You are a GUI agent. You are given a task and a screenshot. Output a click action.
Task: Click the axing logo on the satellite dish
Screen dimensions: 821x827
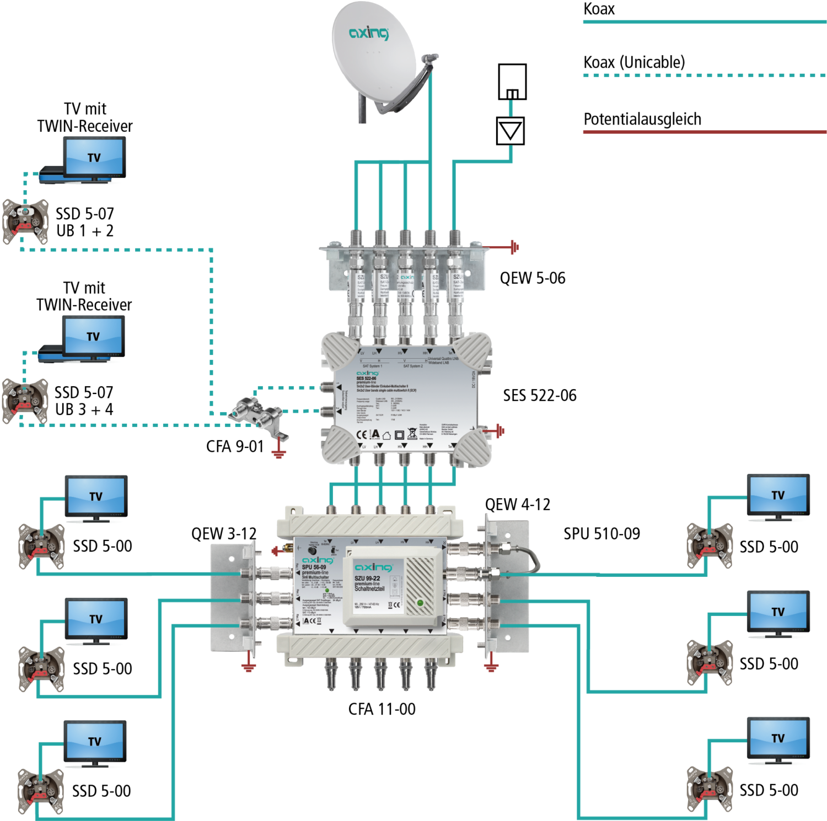click(369, 33)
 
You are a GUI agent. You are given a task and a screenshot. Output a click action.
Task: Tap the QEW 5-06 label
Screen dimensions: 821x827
click(532, 278)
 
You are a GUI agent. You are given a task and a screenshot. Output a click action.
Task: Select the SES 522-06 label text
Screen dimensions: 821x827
click(539, 396)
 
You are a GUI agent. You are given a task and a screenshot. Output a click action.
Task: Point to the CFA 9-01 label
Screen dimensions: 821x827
click(235, 446)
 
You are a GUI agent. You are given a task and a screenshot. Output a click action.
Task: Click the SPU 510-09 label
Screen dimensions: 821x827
click(602, 534)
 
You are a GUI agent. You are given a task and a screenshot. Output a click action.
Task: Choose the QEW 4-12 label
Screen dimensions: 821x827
click(517, 505)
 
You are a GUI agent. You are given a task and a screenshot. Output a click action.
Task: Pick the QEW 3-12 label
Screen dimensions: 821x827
click(224, 534)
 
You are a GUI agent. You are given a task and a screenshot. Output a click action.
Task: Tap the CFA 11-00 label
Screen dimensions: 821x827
click(382, 709)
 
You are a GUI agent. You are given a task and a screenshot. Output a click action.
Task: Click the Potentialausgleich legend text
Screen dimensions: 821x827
click(642, 119)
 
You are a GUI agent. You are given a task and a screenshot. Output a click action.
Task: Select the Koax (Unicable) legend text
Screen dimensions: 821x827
click(634, 62)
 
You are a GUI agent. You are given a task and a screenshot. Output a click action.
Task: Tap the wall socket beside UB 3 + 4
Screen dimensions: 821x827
click(24, 401)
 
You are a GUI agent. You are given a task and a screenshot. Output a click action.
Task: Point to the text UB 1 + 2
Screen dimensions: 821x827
click(85, 231)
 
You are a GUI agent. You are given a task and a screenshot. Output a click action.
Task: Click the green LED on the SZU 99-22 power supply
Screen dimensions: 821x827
click(421, 603)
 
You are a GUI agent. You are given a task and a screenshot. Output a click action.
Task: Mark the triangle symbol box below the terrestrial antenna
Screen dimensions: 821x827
click(510, 131)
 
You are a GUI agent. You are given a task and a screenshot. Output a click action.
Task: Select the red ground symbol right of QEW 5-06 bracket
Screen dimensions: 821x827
click(514, 247)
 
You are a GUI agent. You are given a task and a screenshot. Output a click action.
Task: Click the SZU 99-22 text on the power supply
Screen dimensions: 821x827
click(368, 579)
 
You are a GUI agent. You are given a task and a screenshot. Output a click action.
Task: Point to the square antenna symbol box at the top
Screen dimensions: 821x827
click(512, 82)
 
